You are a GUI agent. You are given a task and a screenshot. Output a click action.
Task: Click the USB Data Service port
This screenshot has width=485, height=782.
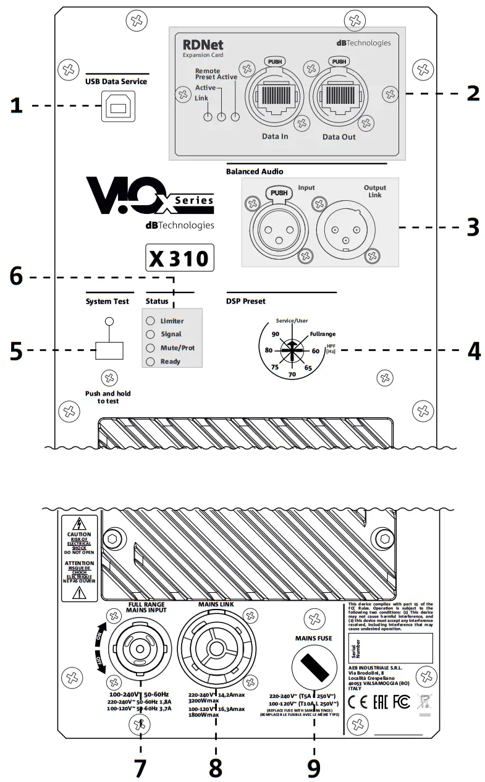click(x=119, y=108)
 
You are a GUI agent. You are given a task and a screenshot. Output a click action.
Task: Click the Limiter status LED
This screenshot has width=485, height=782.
click(x=150, y=321)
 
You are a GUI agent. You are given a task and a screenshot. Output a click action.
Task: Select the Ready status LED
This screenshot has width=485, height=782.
click(x=150, y=361)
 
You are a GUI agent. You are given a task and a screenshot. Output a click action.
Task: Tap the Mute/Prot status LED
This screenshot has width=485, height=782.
click(x=150, y=347)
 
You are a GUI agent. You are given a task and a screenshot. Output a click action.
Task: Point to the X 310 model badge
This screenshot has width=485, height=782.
click(x=180, y=258)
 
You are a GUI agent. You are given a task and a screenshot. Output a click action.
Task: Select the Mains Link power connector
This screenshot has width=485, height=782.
click(x=216, y=648)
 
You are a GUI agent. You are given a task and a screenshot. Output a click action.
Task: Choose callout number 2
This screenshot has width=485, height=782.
click(x=473, y=94)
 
